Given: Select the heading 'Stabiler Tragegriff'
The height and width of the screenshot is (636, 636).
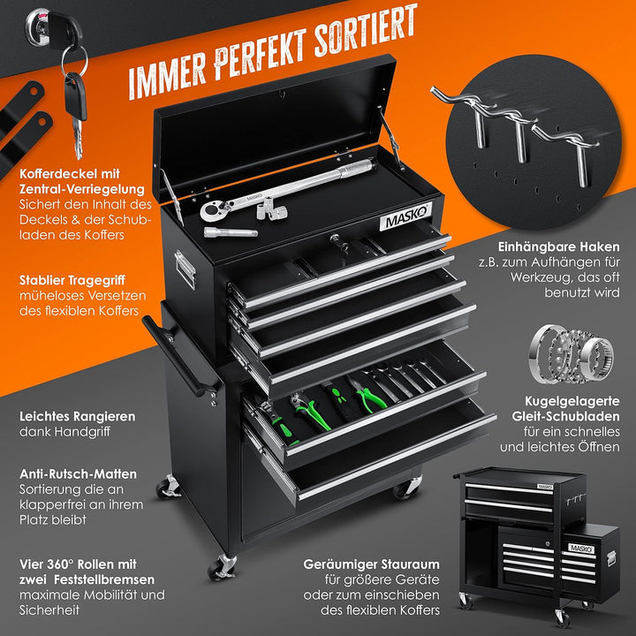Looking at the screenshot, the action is point(72,281).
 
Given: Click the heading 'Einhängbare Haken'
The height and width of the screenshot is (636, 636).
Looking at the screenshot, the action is point(559,246).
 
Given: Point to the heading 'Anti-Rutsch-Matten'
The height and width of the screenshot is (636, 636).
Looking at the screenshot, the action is point(78,473).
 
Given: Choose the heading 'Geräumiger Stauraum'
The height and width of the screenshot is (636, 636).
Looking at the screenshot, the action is point(371,564).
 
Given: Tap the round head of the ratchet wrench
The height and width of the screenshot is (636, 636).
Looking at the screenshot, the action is point(211,211).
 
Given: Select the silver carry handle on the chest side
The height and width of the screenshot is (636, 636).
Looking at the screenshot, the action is point(185,269).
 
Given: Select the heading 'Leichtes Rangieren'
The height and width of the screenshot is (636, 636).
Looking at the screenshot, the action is point(78,417).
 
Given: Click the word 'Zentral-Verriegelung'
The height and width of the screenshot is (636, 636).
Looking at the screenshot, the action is point(82,189).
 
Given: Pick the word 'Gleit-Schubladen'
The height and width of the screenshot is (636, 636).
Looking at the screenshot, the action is point(566,417).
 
